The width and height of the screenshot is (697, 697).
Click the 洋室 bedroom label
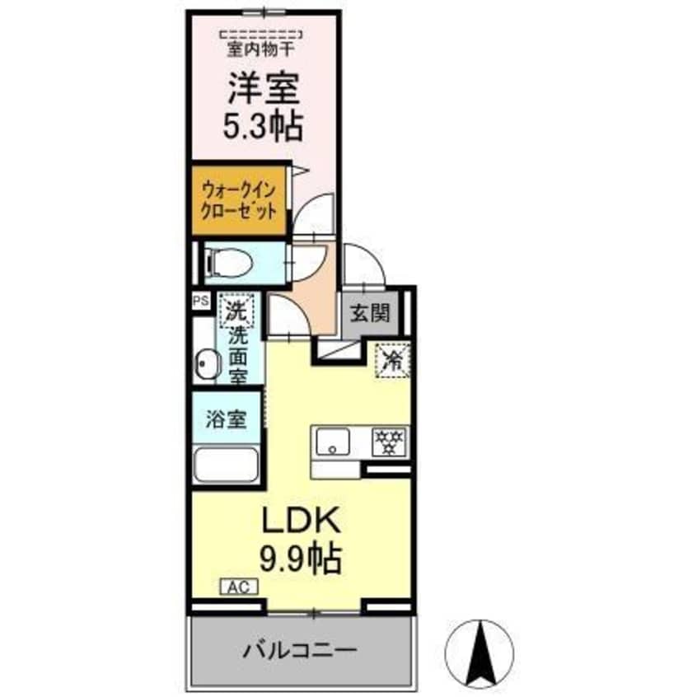(264, 87)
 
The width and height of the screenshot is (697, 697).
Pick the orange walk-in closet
(240, 199)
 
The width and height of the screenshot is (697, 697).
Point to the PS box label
(200, 302)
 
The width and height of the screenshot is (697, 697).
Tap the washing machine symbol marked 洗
(236, 312)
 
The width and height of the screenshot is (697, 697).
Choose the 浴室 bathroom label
(227, 418)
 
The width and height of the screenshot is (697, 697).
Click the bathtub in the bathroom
(227, 465)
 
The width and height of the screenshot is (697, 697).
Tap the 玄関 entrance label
(365, 314)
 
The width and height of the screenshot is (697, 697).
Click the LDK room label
(301, 522)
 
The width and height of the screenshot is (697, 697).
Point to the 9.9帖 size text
(301, 560)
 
